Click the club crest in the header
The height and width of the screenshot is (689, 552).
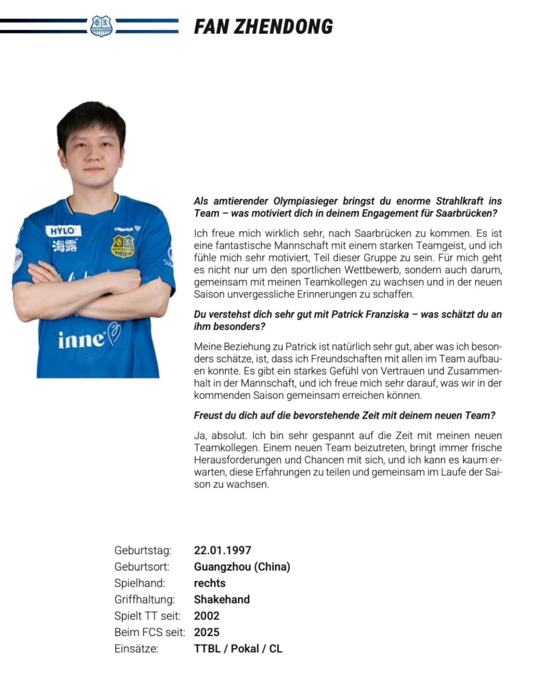click(102, 26)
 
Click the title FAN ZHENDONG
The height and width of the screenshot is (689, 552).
click(263, 26)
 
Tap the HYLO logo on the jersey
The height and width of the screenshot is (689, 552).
click(63, 231)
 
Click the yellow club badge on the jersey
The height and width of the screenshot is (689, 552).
click(122, 246)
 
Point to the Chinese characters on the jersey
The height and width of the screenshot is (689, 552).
click(64, 245)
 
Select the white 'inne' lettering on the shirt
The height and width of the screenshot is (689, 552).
click(81, 340)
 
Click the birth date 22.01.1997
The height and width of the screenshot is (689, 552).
click(223, 551)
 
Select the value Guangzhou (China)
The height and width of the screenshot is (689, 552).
click(242, 567)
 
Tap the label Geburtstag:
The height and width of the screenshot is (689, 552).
click(143, 551)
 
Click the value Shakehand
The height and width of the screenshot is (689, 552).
click(222, 599)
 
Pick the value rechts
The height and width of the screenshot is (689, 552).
click(210, 583)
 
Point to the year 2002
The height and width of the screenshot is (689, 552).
click(207, 616)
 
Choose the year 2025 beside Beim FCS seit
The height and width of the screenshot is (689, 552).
click(207, 633)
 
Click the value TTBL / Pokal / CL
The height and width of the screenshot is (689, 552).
click(238, 649)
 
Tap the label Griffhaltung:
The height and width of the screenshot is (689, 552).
click(144, 599)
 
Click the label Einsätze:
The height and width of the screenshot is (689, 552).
click(136, 649)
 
